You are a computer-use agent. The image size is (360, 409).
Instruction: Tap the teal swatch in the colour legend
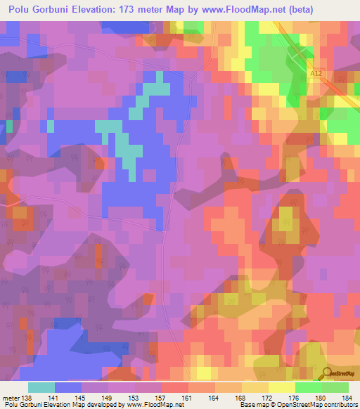(41, 387)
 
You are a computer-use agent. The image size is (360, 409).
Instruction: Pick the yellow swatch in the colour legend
(282, 387)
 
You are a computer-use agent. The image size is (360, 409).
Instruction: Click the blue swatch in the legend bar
(68, 387)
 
